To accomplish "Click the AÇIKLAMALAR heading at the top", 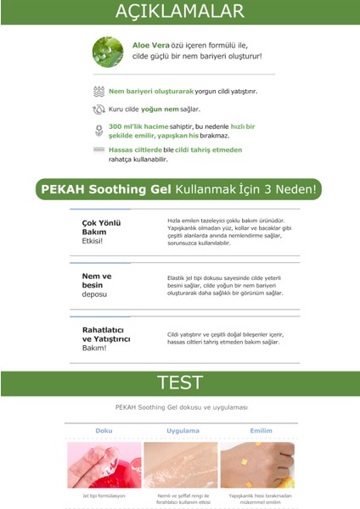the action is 179,13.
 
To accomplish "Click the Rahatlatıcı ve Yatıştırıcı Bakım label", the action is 105,338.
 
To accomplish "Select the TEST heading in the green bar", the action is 180,383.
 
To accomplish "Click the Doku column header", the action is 103,431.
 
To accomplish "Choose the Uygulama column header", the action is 181,431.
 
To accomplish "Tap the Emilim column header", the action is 257,431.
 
